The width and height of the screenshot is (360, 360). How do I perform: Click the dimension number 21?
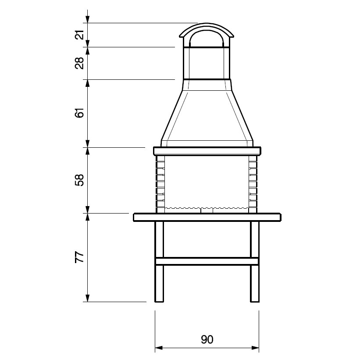79,35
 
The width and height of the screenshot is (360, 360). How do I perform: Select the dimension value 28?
79,63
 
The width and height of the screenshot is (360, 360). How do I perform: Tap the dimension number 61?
79,113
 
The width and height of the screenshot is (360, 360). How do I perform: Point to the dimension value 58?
79,180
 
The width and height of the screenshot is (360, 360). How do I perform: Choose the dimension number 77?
79,257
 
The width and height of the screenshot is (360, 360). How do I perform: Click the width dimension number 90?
207,339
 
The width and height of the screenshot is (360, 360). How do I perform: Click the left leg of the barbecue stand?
159,261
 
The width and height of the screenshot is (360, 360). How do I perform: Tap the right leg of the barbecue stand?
255,261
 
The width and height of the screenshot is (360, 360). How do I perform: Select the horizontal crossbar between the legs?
207,261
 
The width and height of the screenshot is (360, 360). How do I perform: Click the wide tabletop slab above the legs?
207,217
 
